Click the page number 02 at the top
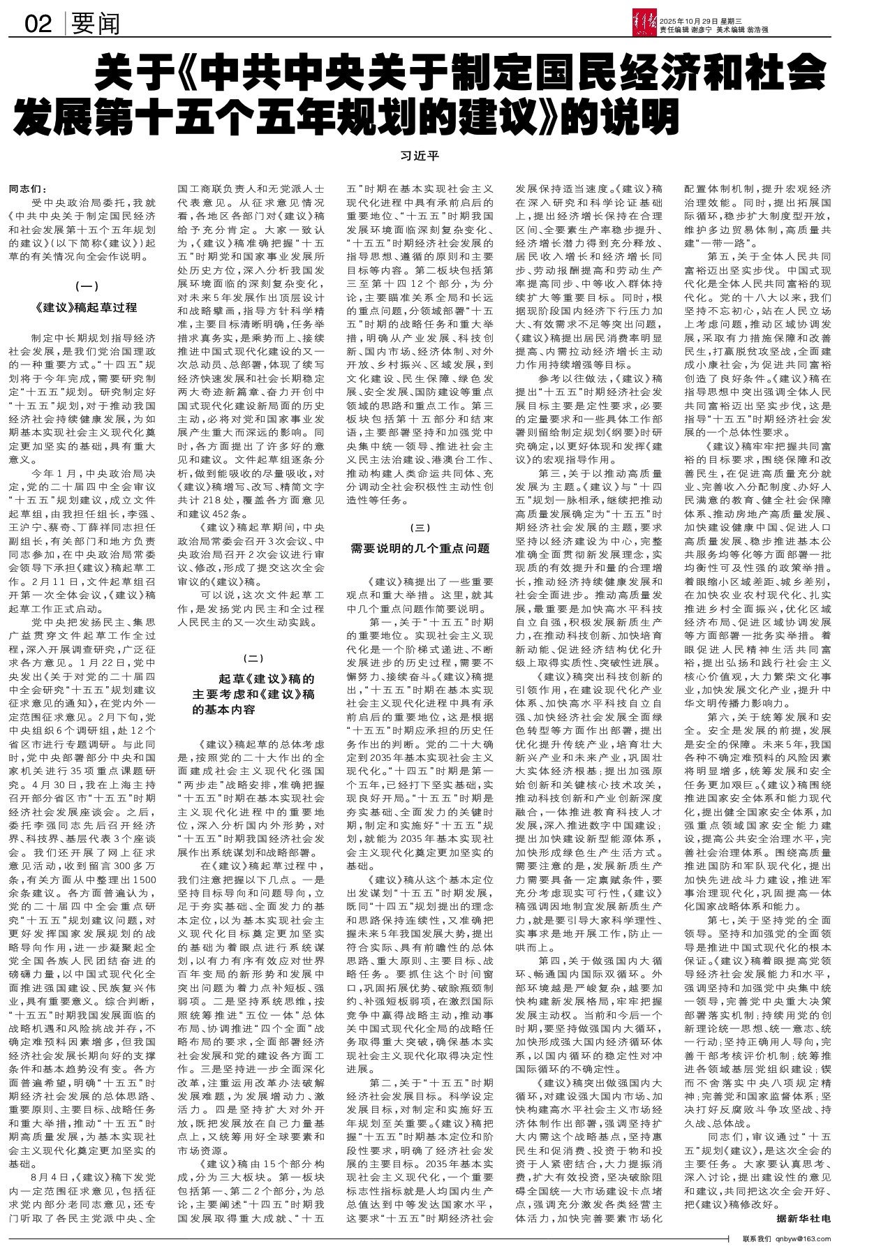pos(39,24)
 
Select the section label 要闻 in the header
pos(96,24)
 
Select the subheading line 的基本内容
pos(225,710)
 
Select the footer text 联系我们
pos(757,1238)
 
